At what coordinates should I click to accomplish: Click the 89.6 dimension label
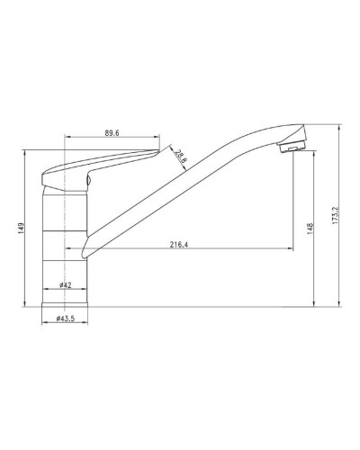112,133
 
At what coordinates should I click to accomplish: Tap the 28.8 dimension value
181,156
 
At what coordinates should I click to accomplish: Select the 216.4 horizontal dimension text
179,245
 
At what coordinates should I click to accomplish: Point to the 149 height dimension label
21,228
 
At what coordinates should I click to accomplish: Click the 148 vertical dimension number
310,229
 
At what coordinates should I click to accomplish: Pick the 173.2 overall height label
336,215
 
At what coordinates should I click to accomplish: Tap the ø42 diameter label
66,285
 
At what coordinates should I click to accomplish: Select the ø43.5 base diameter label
66,319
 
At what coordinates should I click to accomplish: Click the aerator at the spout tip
291,147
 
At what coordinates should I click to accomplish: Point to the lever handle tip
157,151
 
